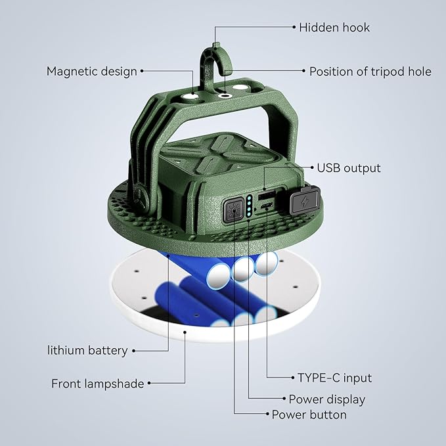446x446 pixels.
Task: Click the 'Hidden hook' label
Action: (334, 28)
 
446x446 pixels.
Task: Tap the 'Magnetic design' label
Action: (92, 71)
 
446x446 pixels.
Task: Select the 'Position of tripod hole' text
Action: (370, 72)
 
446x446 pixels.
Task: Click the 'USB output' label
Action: (349, 168)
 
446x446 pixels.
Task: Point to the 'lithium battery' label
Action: (87, 350)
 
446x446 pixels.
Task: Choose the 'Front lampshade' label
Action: (97, 384)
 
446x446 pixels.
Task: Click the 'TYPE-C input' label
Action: (334, 378)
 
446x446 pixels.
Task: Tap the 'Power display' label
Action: (326, 399)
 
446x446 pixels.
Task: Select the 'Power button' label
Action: (309, 414)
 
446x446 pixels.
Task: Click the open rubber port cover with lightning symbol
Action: (304, 198)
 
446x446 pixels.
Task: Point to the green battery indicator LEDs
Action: (250, 207)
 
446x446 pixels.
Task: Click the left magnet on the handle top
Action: (191, 97)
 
